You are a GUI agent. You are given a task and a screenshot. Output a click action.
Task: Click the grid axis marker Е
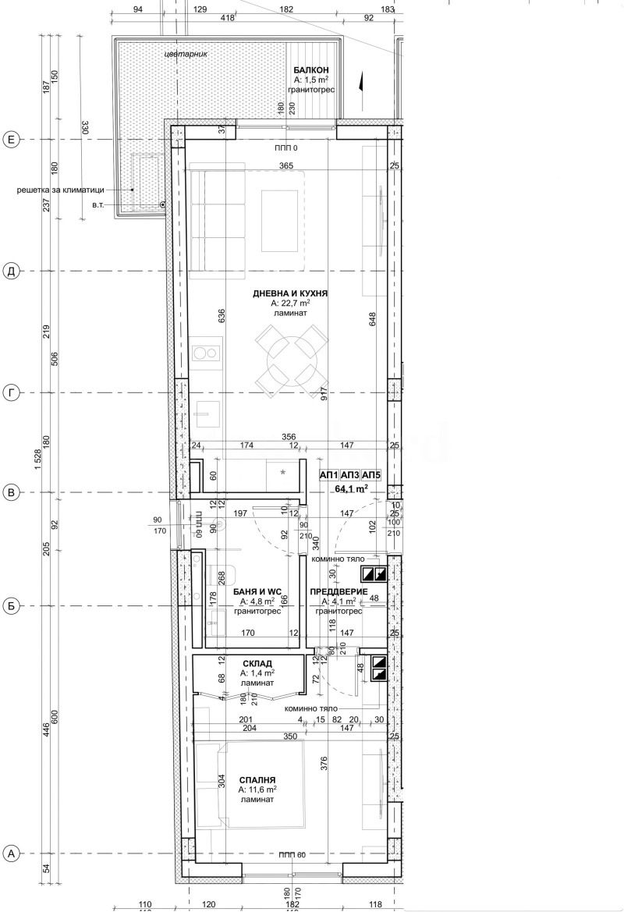pyautogui.click(x=11, y=140)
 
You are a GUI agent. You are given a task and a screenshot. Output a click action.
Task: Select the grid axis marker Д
pyautogui.click(x=11, y=271)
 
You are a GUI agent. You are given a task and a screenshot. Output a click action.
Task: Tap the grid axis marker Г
pyautogui.click(x=11, y=392)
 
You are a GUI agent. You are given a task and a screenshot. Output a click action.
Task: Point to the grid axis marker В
pyautogui.click(x=11, y=492)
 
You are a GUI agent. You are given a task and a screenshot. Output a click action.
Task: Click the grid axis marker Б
pyautogui.click(x=11, y=605)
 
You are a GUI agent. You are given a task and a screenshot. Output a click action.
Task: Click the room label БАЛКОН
pyautogui.click(x=314, y=70)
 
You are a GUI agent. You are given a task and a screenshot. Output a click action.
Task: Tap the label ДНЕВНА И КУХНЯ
pyautogui.click(x=289, y=294)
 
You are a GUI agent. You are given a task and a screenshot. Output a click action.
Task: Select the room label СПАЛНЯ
pyautogui.click(x=257, y=779)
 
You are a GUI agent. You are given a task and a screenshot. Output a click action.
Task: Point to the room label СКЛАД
pyautogui.click(x=257, y=663)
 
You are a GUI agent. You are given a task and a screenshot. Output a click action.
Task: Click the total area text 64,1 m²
pyautogui.click(x=351, y=489)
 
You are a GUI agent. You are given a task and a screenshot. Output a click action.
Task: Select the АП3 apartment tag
pyautogui.click(x=351, y=475)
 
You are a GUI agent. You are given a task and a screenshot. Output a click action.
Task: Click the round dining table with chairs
pyautogui.click(x=289, y=361)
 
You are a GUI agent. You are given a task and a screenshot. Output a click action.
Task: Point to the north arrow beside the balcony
pyautogui.click(x=360, y=84)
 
